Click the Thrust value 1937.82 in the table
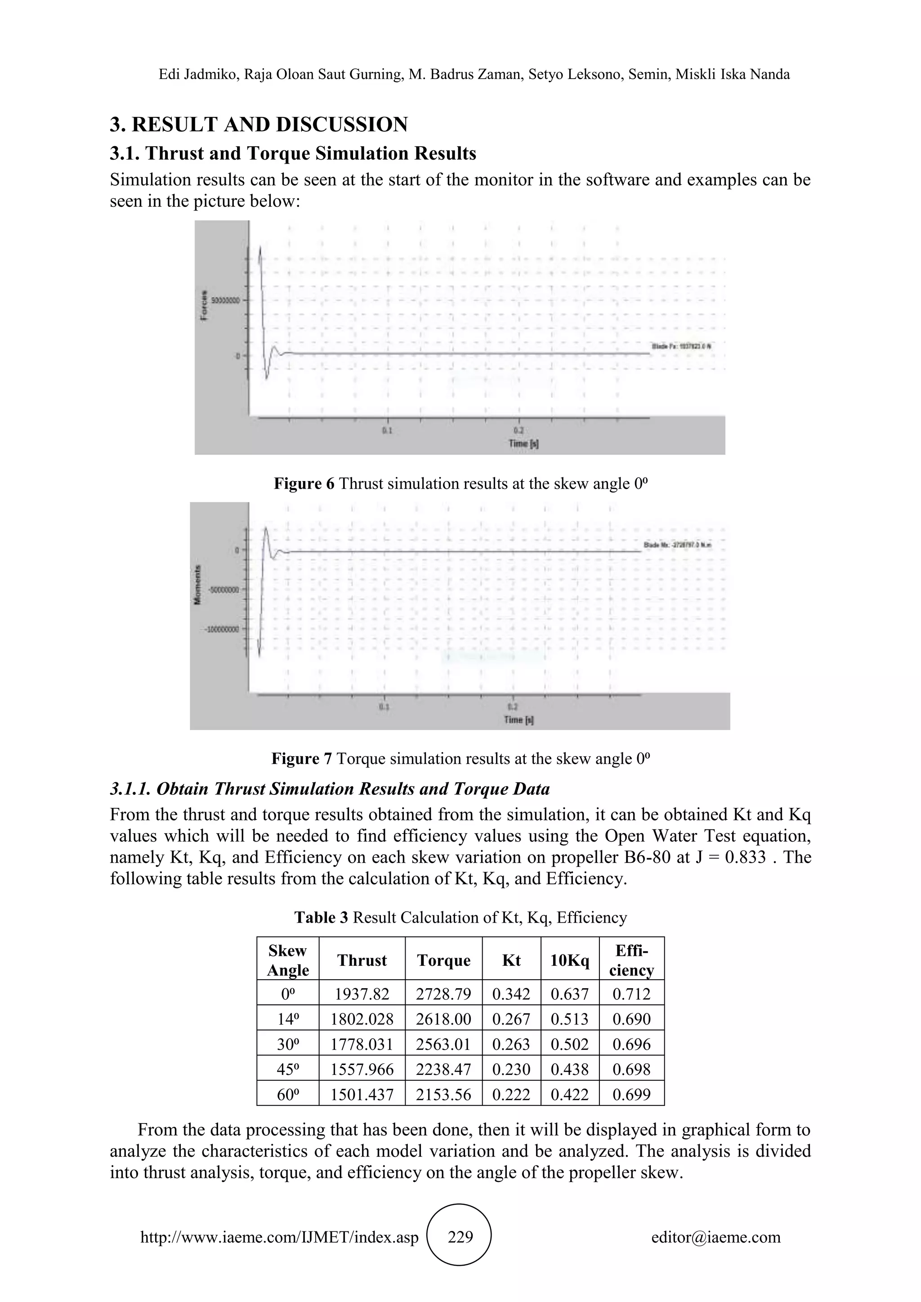(362, 994)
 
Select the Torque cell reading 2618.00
(443, 1019)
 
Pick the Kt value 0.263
(511, 1044)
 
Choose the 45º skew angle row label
(287, 1070)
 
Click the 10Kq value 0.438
(569, 1070)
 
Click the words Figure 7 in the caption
(301, 759)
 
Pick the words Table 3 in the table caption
(321, 918)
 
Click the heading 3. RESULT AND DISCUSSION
(259, 124)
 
